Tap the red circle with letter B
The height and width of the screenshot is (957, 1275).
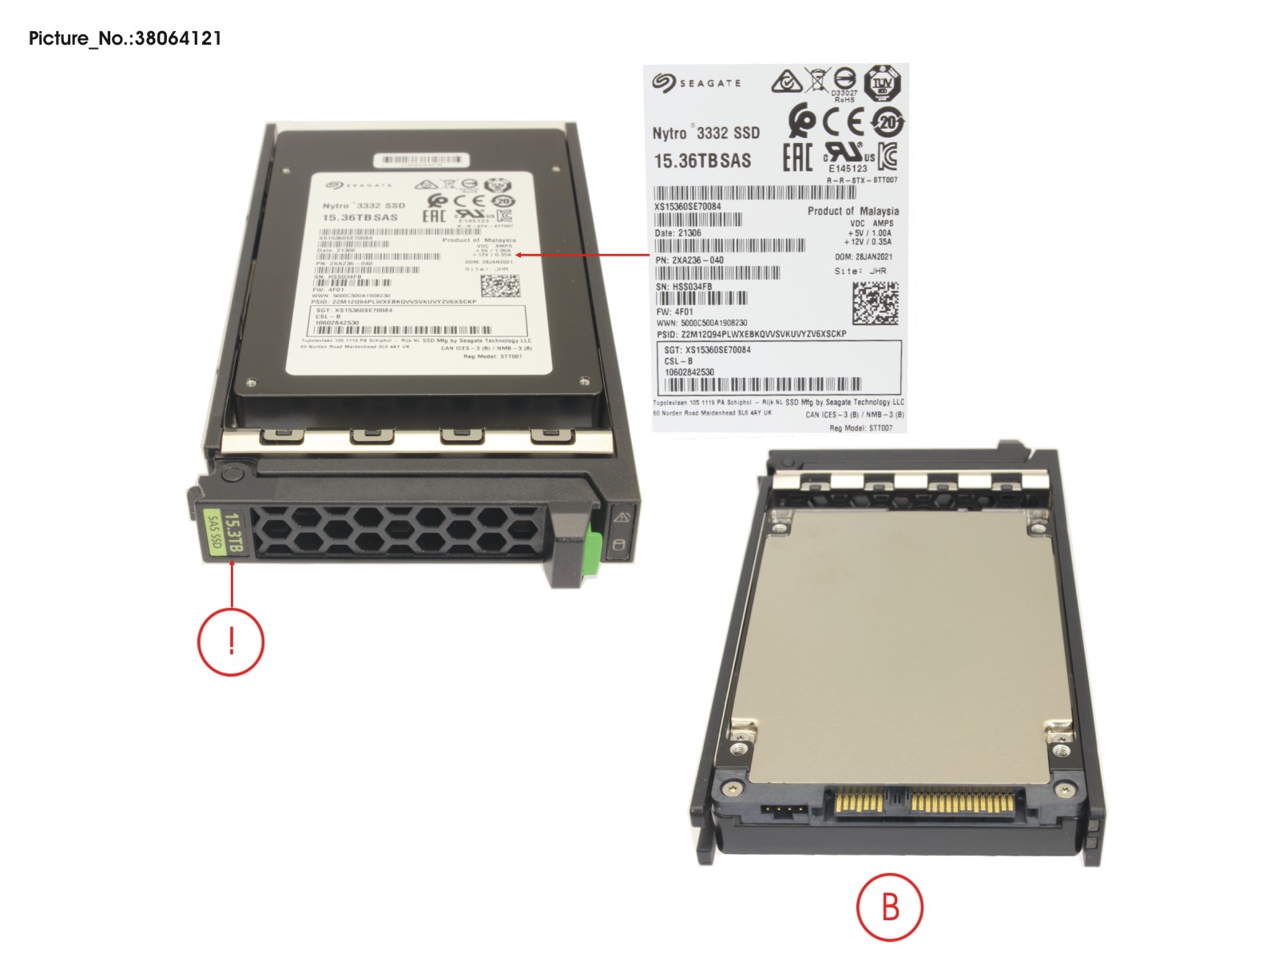pos(889,907)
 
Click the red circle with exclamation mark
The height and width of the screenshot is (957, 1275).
pos(231,641)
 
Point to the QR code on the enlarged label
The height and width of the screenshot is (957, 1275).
pos(875,303)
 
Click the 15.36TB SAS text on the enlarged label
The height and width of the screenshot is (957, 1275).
pos(702,161)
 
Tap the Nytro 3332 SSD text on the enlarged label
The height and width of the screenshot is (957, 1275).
pos(705,133)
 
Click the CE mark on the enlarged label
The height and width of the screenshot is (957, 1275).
pos(844,122)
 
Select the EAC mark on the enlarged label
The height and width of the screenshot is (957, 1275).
pos(796,156)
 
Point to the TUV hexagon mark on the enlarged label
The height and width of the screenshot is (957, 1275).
pos(883,83)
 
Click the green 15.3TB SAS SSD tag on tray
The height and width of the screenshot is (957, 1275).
pos(223,534)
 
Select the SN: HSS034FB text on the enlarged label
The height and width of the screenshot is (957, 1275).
pos(684,287)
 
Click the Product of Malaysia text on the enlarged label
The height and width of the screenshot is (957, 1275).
pos(852,211)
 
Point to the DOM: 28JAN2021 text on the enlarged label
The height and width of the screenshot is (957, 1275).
pos(864,257)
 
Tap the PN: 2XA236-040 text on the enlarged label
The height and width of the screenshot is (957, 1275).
pos(689,260)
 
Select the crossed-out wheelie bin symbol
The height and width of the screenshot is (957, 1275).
pos(816,80)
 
